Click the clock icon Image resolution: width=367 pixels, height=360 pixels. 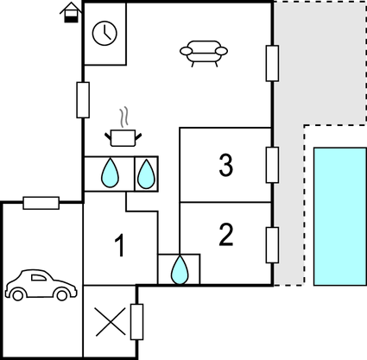104,33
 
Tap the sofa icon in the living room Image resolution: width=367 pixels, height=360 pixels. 204,54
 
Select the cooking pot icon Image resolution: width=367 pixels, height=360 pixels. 123,138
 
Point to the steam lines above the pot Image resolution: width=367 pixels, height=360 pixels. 124,117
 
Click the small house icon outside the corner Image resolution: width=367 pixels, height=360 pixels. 71,13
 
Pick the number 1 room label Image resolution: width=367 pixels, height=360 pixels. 120,245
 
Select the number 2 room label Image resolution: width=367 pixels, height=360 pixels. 226,235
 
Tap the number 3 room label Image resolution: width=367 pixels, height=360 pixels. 226,165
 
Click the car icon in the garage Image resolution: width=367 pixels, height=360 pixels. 41,285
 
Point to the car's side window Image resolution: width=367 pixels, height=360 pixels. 39,278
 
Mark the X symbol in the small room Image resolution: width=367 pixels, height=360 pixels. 111,322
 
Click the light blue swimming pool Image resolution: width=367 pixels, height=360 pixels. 340,217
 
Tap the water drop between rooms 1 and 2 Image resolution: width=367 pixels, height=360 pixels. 180,269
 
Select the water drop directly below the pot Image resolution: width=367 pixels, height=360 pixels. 110,173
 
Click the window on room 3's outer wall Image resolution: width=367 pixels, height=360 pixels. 272,165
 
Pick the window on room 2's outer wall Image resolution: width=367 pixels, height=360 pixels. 272,245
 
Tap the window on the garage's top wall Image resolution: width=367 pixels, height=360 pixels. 41,203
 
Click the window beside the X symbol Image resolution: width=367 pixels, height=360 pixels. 136,322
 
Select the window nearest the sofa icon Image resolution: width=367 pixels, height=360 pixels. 272,63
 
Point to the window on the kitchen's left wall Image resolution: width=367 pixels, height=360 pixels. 83,100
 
